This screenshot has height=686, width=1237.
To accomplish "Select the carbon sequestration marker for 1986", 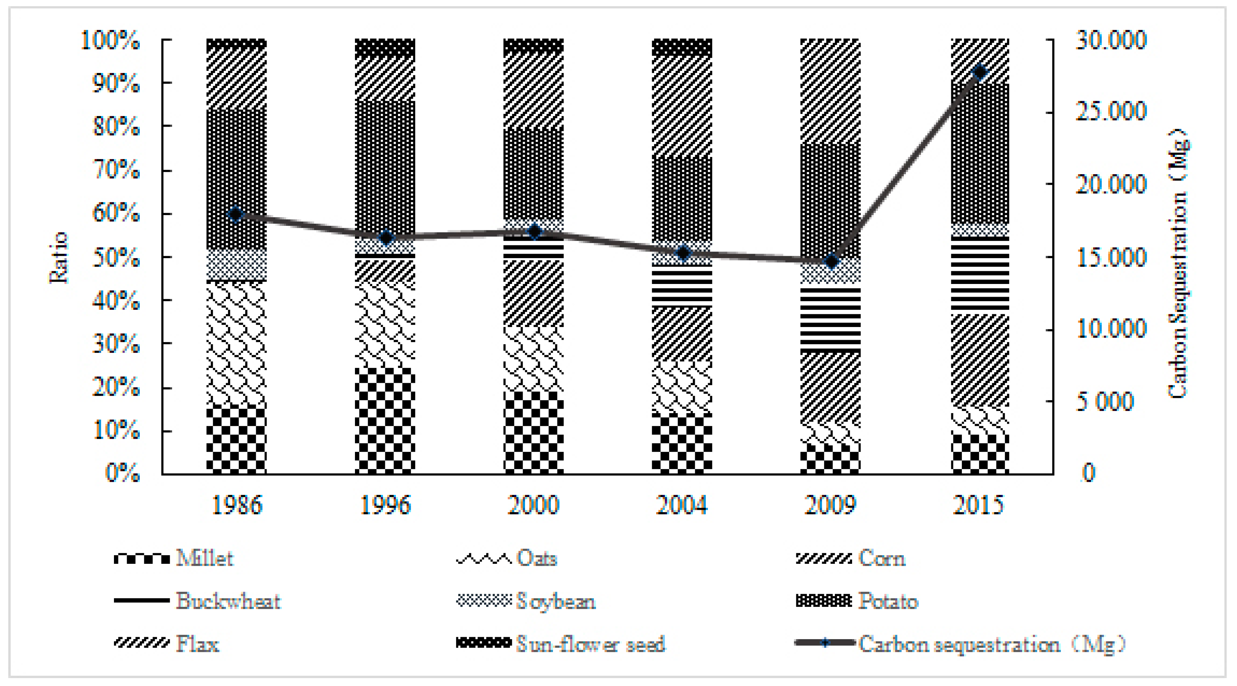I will point(236,214).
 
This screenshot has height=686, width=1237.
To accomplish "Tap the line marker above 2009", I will point(831,262).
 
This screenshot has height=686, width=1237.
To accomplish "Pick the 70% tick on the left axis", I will point(116,170).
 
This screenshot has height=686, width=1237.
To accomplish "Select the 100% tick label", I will point(111,40).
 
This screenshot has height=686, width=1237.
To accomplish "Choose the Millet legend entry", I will point(205,558).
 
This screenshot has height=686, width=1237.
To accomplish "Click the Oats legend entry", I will point(536,558).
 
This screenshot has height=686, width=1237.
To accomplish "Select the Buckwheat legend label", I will point(228,601).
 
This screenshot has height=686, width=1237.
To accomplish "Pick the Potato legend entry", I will point(888,601).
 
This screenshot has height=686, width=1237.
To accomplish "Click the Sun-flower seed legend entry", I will point(590,644).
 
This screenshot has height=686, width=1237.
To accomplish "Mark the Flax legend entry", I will point(197,644).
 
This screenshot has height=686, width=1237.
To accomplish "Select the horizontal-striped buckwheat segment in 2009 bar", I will point(830,319).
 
